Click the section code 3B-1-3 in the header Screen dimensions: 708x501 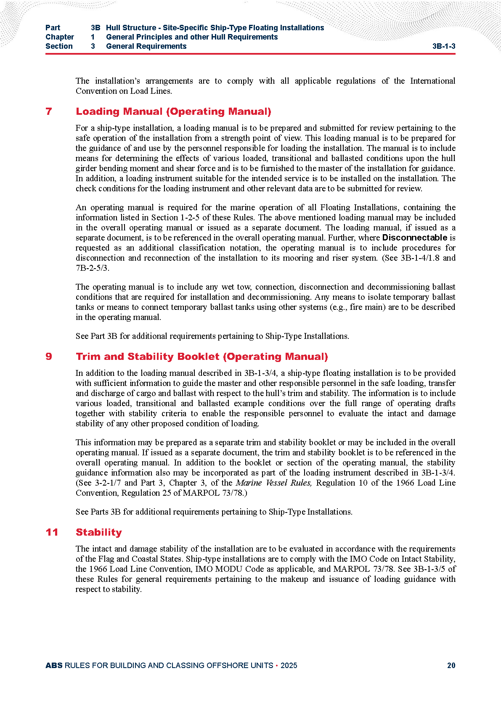tap(443, 46)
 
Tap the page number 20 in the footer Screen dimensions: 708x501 tap(451, 665)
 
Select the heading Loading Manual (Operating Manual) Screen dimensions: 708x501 tap(173, 111)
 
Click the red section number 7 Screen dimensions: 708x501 tap(49, 111)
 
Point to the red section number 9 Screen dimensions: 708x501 tap(49, 357)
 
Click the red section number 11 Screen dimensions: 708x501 tap(52, 532)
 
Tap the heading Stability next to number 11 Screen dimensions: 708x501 tap(98, 532)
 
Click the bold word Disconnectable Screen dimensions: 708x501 tap(414, 238)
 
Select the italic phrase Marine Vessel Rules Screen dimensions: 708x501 tap(274, 483)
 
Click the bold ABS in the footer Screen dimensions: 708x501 tap(54, 665)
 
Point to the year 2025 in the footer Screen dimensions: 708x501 tap(289, 665)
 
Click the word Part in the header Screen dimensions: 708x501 tap(53, 28)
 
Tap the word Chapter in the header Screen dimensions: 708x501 tap(60, 37)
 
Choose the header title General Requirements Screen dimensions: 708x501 tap(146, 46)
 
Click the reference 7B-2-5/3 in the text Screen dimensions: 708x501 tap(92, 268)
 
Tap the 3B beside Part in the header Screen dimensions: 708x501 tap(95, 28)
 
